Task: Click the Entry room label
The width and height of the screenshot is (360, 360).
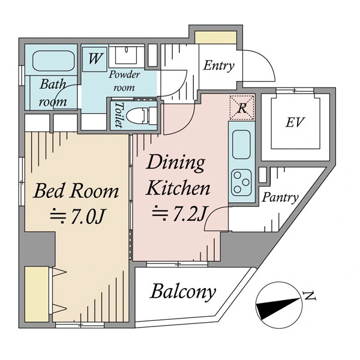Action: pyautogui.click(x=218, y=66)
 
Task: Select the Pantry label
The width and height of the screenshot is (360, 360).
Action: pyautogui.click(x=281, y=197)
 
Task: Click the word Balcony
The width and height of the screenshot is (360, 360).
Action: pyautogui.click(x=182, y=292)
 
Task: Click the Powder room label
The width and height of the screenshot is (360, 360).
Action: pyautogui.click(x=124, y=80)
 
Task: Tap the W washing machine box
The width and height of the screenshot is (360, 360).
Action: pyautogui.click(x=94, y=59)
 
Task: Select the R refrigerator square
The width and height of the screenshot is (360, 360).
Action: pyautogui.click(x=242, y=108)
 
